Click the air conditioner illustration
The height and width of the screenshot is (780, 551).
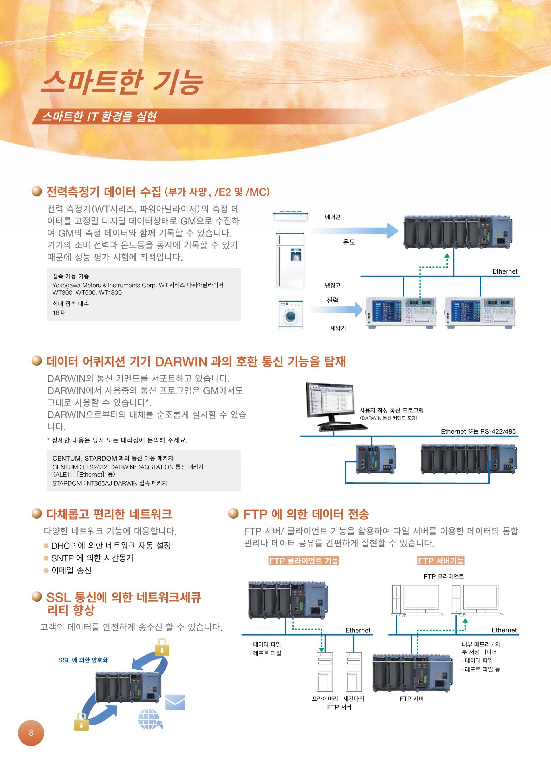click(x=291, y=216)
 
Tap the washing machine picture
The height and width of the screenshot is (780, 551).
click(x=290, y=313)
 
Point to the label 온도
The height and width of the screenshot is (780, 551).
click(x=349, y=242)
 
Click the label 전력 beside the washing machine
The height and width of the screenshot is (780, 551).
click(x=333, y=300)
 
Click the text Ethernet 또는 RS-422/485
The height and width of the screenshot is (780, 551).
click(x=478, y=432)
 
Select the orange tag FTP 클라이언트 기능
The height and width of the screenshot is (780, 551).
click(x=304, y=561)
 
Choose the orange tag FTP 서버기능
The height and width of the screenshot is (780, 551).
click(x=441, y=561)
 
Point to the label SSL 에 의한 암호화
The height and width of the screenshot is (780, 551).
click(x=83, y=660)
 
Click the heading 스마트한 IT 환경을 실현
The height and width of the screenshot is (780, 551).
click(x=99, y=117)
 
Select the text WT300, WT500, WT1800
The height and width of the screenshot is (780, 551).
click(x=87, y=293)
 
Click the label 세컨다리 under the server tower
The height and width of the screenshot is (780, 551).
click(x=354, y=699)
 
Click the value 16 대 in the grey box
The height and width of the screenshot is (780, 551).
click(x=59, y=313)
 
